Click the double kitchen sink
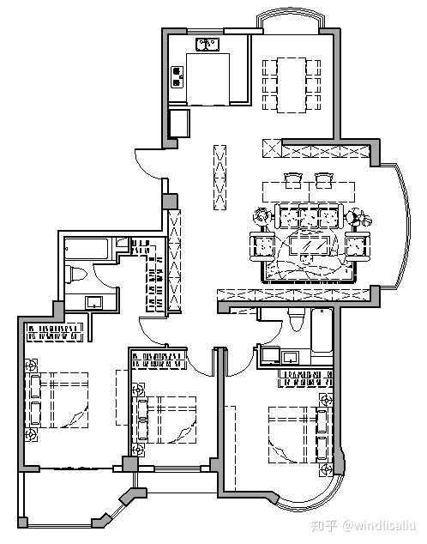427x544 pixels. [x=207, y=45]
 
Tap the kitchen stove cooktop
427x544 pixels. [x=177, y=76]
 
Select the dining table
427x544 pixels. [x=292, y=85]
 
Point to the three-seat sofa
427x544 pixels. [x=310, y=216]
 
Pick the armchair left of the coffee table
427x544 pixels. [x=262, y=246]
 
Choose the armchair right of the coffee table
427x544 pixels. [x=358, y=246]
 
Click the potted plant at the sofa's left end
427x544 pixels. [x=262, y=216]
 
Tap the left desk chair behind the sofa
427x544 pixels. [x=293, y=181]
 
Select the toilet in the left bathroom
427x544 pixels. [x=75, y=275]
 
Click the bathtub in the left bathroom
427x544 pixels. [x=87, y=249]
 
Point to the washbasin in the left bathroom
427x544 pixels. [x=94, y=302]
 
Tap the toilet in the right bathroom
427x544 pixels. [x=297, y=319]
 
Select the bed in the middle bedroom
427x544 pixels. [x=167, y=420]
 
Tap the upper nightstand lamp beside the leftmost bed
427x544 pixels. [x=31, y=366]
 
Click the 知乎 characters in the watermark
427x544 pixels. [x=325, y=526]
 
